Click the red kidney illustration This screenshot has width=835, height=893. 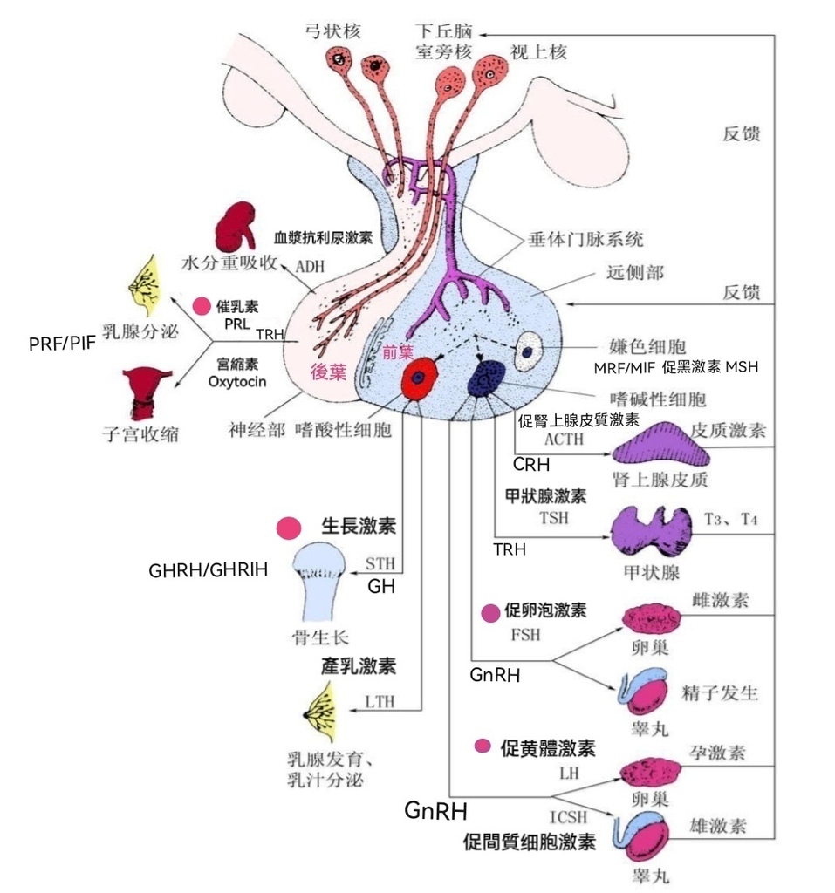(236, 228)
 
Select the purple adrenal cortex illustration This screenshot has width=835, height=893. (658, 443)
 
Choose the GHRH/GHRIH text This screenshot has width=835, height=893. (207, 571)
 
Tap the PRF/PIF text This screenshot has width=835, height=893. (61, 344)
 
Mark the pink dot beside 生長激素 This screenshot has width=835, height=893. (289, 528)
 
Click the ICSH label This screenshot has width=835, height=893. (567, 818)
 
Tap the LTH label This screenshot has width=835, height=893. (381, 701)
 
